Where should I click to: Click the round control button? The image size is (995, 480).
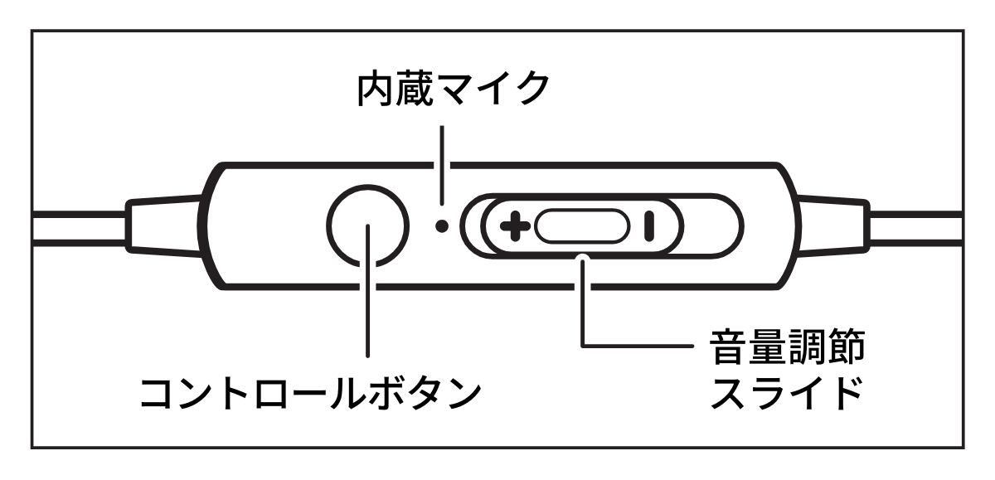click(367, 224)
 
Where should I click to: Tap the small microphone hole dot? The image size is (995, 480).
click(442, 225)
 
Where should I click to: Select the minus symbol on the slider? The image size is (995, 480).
click(649, 225)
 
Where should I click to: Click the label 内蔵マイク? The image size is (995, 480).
click(453, 88)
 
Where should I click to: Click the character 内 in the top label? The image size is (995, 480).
click(380, 88)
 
